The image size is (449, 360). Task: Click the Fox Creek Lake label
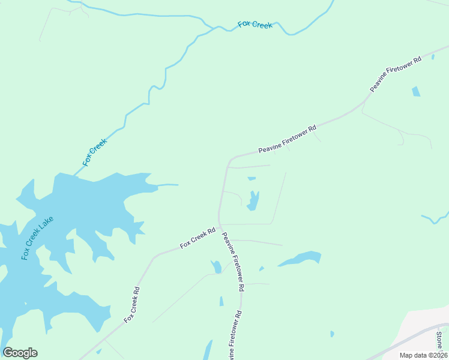click(x=37, y=238)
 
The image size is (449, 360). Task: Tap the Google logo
click(x=20, y=353)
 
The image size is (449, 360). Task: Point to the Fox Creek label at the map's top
click(x=255, y=25)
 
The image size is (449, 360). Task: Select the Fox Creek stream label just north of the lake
click(x=95, y=152)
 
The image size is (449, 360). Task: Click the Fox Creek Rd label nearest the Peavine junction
click(x=197, y=238)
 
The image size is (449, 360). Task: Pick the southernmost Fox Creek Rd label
click(x=132, y=305)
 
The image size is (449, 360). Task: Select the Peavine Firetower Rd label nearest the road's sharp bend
click(x=287, y=139)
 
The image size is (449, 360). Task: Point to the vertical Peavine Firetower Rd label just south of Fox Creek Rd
click(x=233, y=262)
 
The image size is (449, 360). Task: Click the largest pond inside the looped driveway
click(x=253, y=201)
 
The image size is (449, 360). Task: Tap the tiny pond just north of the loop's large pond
click(x=252, y=178)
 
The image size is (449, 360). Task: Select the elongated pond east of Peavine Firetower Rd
click(x=300, y=259)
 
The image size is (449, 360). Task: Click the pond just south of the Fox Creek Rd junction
click(x=216, y=266)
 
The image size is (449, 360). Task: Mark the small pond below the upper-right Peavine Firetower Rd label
click(x=416, y=92)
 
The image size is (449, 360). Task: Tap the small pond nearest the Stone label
click(x=332, y=334)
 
